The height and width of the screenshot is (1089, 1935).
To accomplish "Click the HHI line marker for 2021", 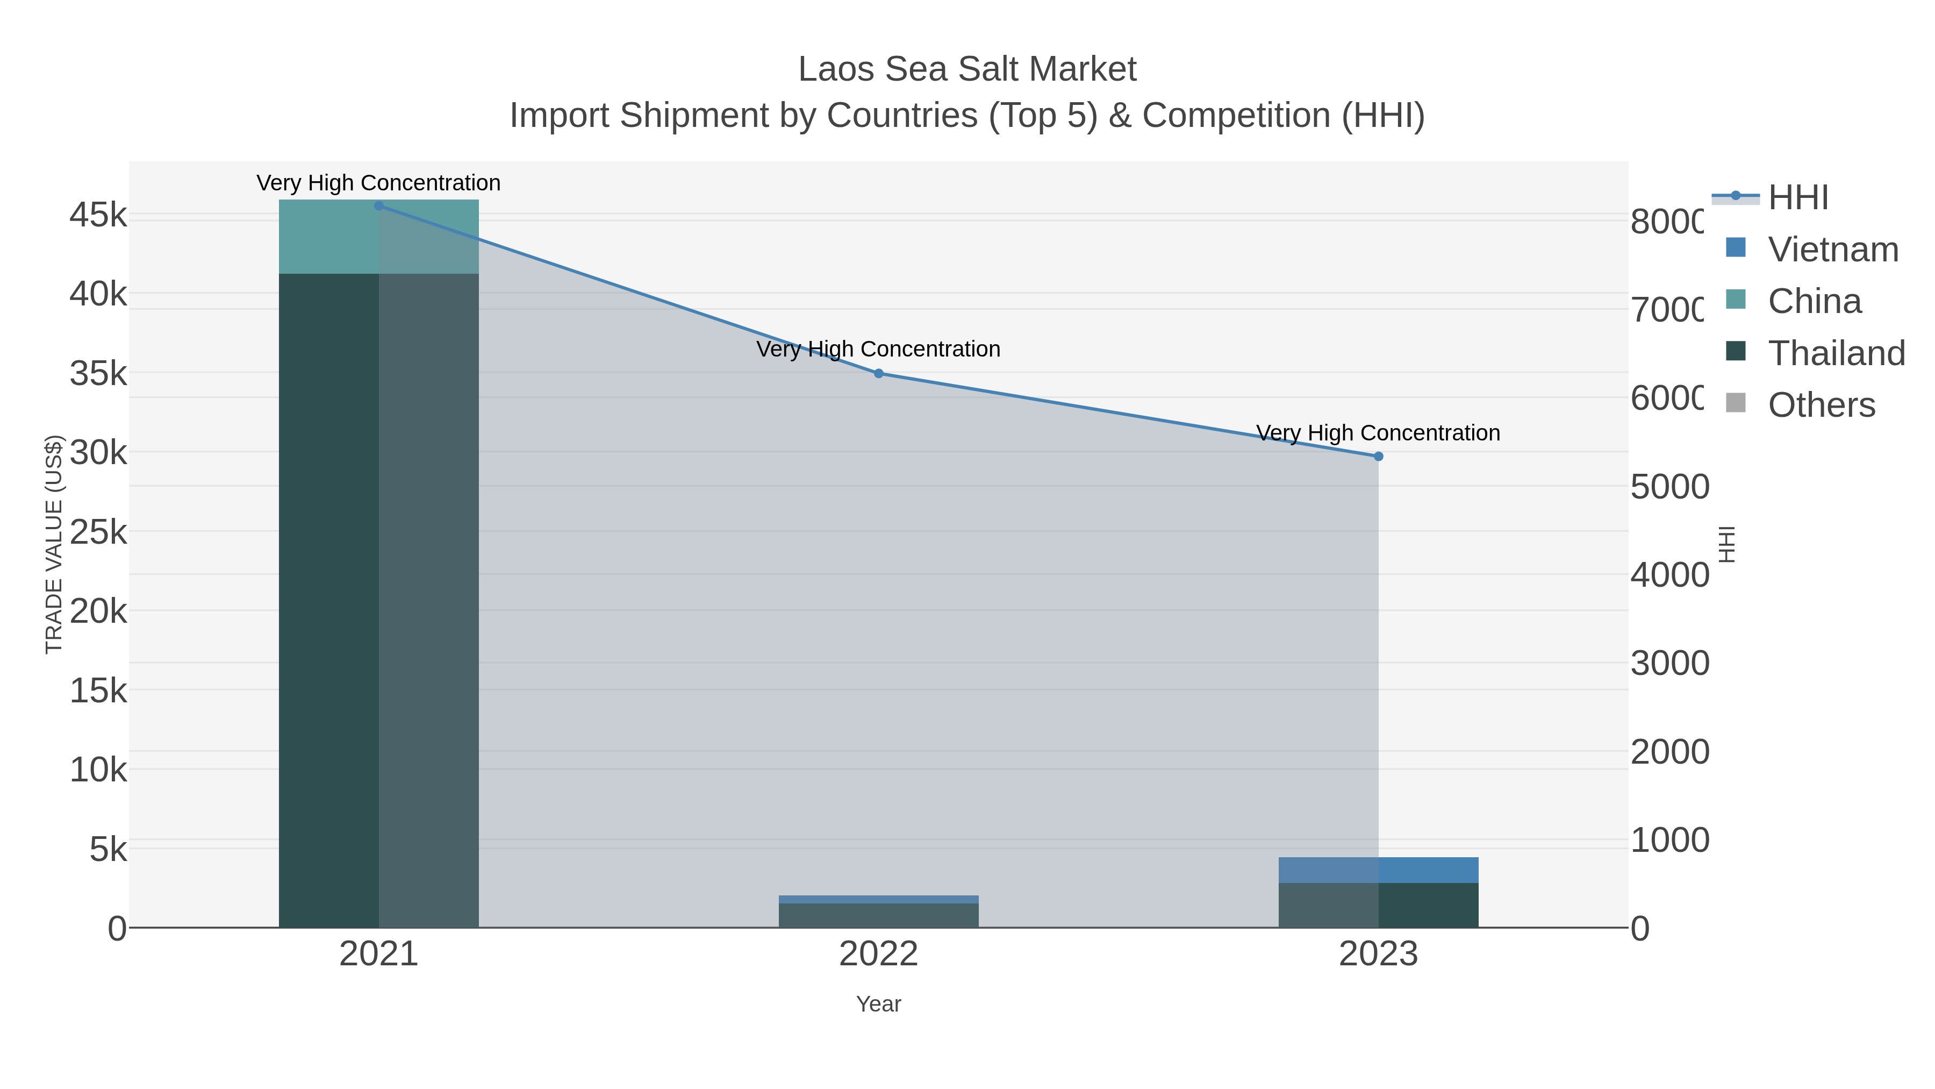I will coord(378,206).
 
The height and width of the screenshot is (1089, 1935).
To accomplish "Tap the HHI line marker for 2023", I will coord(1378,456).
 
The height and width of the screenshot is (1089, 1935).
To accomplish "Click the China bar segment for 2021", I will coord(378,237).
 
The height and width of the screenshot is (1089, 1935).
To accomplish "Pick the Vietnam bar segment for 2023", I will coord(1378,870).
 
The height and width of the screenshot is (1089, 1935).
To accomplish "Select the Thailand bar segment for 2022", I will coord(878,915).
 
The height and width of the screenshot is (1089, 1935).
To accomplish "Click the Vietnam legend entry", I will coord(1833,250).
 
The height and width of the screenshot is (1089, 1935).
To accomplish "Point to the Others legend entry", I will coord(1821,405).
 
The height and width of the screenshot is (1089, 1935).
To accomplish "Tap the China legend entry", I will coord(1814,301).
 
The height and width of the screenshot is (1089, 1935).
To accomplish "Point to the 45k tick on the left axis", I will coord(98,216).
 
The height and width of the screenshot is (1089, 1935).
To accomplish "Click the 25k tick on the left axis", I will coord(98,533).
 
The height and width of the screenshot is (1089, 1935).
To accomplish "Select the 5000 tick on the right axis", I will coord(1669,487).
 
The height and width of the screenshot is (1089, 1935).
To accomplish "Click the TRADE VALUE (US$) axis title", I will coord(54,544).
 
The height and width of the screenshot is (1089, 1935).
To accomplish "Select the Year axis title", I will coord(878,1004).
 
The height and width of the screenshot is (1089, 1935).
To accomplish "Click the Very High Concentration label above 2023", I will coord(1378,433).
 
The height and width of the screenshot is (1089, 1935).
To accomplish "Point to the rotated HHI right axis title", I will coord(1727,544).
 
